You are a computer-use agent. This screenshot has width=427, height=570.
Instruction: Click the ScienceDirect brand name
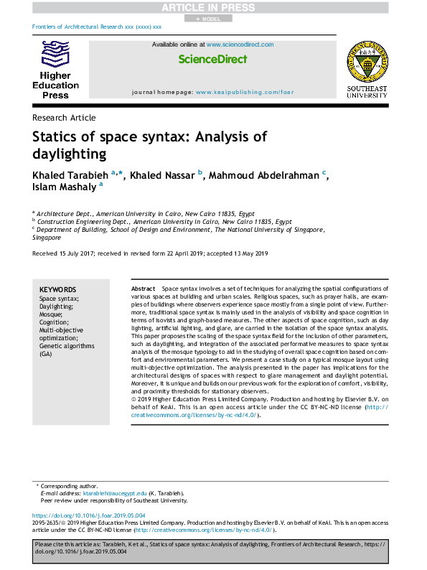tap(212, 58)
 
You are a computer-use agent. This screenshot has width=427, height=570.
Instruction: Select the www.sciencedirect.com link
tap(240, 45)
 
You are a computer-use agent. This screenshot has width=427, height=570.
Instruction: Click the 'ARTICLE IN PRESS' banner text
tap(213, 7)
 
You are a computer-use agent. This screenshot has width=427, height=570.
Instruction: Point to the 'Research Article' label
tap(64, 117)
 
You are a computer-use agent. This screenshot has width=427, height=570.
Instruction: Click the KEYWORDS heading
tap(57, 289)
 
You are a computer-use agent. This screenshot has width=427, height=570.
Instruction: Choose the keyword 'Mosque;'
tap(50, 314)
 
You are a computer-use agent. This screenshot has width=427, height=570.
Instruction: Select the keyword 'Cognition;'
tap(55, 322)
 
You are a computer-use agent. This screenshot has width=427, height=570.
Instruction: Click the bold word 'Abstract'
tap(144, 288)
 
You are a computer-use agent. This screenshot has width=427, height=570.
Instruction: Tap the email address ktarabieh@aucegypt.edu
tap(114, 493)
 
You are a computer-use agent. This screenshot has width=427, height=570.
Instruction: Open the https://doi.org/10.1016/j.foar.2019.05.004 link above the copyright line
tap(89, 515)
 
